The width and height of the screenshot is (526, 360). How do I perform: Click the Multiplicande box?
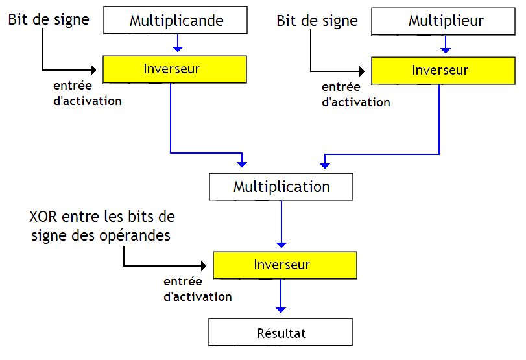click(x=176, y=20)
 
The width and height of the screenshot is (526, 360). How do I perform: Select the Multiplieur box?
click(x=446, y=20)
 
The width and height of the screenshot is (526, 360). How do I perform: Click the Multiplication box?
click(x=281, y=187)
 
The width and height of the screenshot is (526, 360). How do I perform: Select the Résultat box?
click(x=280, y=333)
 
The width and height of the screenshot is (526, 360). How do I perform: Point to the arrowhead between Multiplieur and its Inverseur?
click(x=445, y=48)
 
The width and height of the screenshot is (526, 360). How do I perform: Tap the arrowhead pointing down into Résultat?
click(x=281, y=309)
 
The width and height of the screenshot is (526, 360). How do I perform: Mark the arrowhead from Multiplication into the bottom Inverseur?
click(x=281, y=244)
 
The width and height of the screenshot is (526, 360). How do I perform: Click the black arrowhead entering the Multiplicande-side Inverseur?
click(x=99, y=69)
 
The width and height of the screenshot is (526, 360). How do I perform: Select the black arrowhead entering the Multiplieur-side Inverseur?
click(x=366, y=71)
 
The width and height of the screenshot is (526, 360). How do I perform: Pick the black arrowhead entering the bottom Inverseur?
click(x=209, y=266)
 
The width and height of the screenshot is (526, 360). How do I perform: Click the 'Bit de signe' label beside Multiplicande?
click(x=49, y=19)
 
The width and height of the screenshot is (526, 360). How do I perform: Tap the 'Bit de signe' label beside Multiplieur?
click(x=317, y=21)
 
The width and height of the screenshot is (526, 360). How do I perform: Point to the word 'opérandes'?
click(x=138, y=235)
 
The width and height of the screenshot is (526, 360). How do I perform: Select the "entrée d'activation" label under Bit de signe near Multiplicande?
click(x=87, y=93)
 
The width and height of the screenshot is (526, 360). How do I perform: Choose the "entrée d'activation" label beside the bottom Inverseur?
click(x=197, y=289)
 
